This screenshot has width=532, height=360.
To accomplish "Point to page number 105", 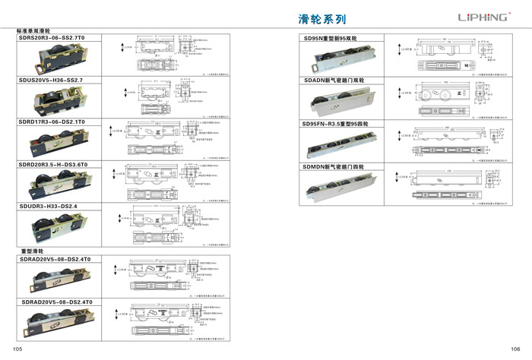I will [x=20, y=348].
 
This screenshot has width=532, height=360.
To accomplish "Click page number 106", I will [x=515, y=348].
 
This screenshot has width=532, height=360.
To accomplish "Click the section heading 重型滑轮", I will [x=32, y=251].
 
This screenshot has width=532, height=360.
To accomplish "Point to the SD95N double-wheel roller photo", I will [x=344, y=58].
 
